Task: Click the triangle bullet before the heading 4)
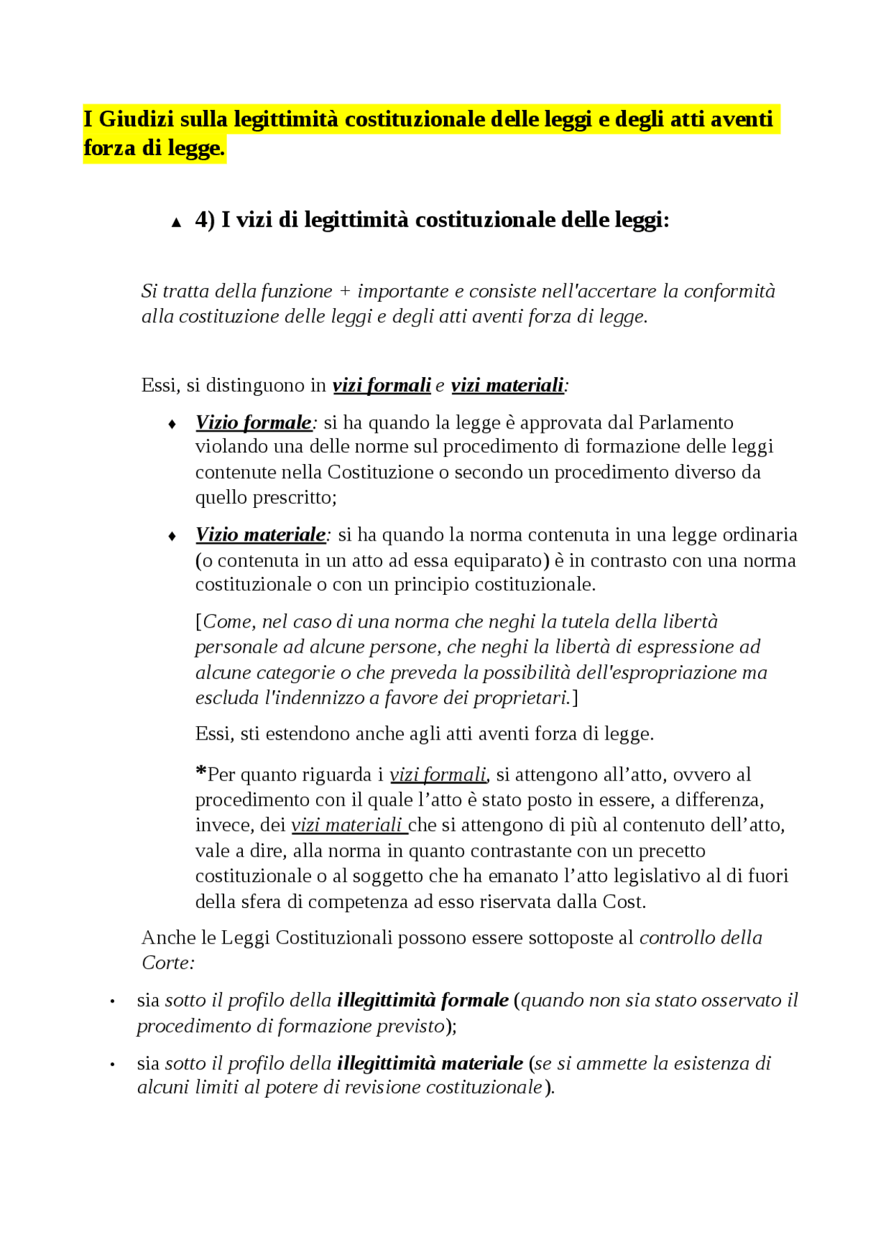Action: click(x=176, y=223)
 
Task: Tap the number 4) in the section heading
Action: click(x=205, y=220)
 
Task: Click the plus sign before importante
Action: click(x=345, y=292)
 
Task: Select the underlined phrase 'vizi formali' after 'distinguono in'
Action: click(x=381, y=385)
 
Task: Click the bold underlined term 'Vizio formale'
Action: click(x=253, y=423)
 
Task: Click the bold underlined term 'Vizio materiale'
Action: click(x=260, y=535)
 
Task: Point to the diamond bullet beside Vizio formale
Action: click(x=173, y=424)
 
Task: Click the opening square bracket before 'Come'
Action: click(x=198, y=621)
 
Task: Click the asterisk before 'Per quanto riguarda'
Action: click(x=200, y=772)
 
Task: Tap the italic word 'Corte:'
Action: click(x=168, y=964)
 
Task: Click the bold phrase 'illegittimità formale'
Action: click(x=423, y=1000)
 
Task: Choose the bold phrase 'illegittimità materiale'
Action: click(x=429, y=1064)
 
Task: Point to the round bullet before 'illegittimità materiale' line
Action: click(x=112, y=1065)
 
